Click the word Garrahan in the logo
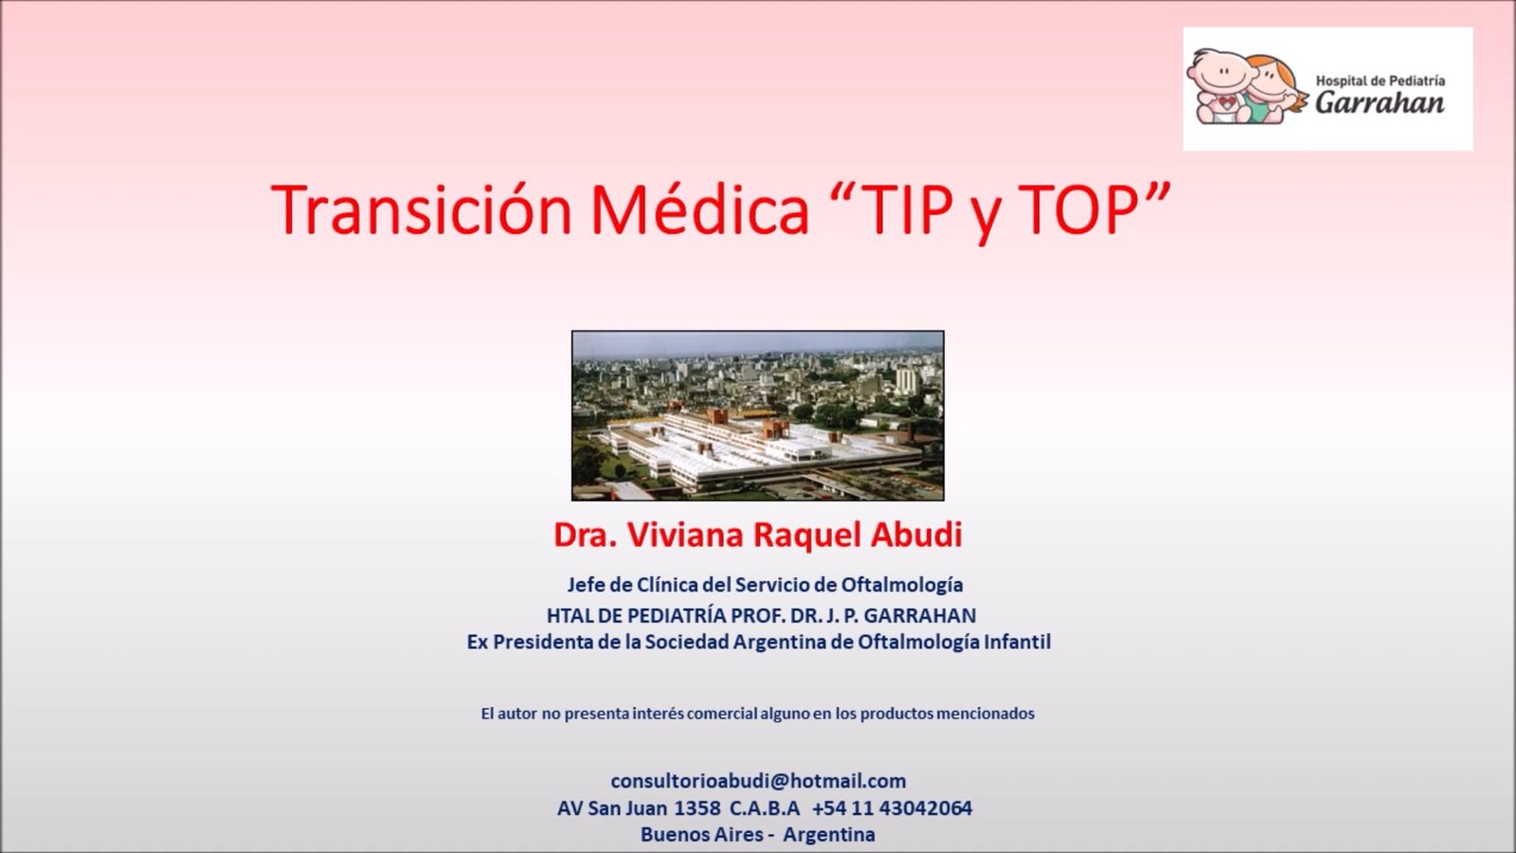[x=1380, y=102]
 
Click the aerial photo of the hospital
[x=757, y=416]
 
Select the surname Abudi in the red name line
[x=916, y=535]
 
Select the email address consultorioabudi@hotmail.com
[x=758, y=781]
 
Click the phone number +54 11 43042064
[x=892, y=808]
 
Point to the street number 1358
[x=697, y=808]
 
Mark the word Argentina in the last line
[x=829, y=834]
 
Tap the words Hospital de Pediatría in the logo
[x=1380, y=82]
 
